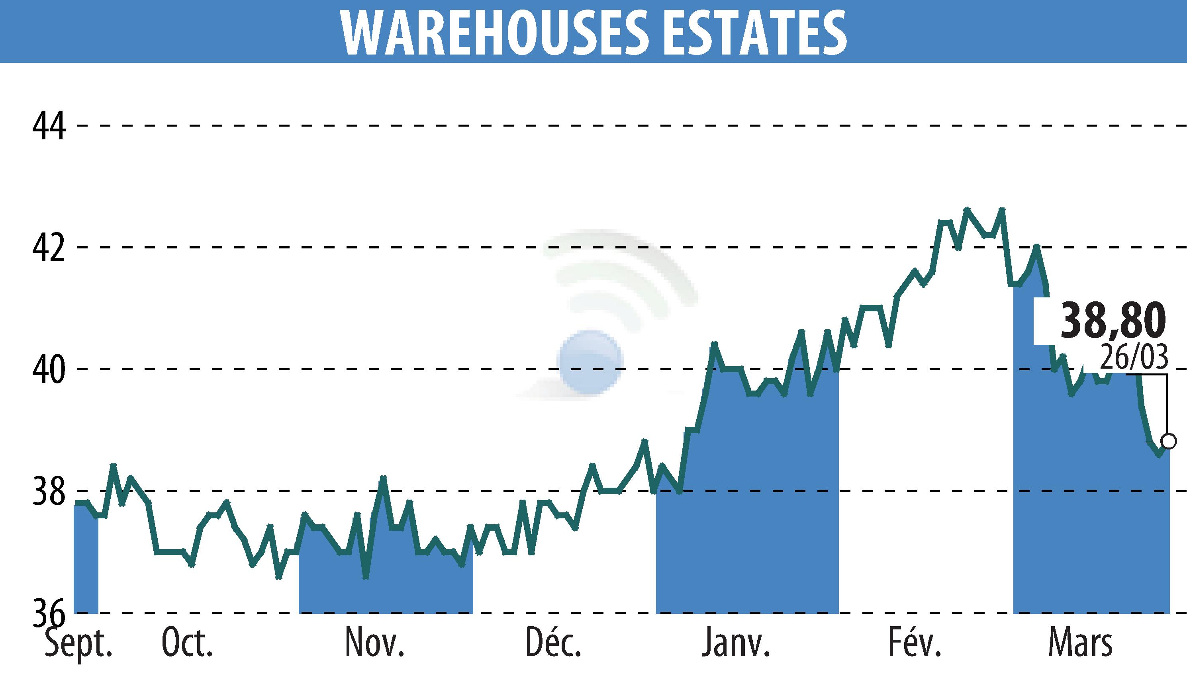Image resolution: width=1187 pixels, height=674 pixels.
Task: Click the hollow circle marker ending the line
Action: [1168, 441]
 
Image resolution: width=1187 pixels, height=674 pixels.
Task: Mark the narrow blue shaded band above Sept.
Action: [86, 560]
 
